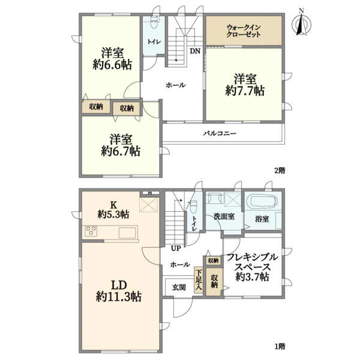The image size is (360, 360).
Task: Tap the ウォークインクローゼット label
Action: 244,31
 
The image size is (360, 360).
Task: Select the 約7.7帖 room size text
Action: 245,91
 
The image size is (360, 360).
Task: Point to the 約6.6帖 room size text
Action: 112,65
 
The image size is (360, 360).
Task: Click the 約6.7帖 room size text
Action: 121,151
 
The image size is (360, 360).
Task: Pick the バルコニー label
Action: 220,133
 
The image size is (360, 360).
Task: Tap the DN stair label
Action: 195,51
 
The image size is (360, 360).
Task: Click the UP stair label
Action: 176,248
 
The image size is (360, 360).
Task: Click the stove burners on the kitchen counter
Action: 91,231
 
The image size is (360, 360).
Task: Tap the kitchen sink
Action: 127,233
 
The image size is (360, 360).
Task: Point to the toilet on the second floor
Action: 154,22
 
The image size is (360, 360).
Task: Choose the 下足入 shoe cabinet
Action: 199,280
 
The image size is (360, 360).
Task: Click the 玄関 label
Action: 179,287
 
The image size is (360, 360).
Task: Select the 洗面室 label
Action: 224,216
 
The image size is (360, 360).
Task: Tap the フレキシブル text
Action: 253,257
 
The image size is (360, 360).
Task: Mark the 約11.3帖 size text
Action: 118,296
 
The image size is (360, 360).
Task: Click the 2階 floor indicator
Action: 280,170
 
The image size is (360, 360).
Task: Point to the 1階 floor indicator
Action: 280,346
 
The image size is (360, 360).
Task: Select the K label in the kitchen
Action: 113,204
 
